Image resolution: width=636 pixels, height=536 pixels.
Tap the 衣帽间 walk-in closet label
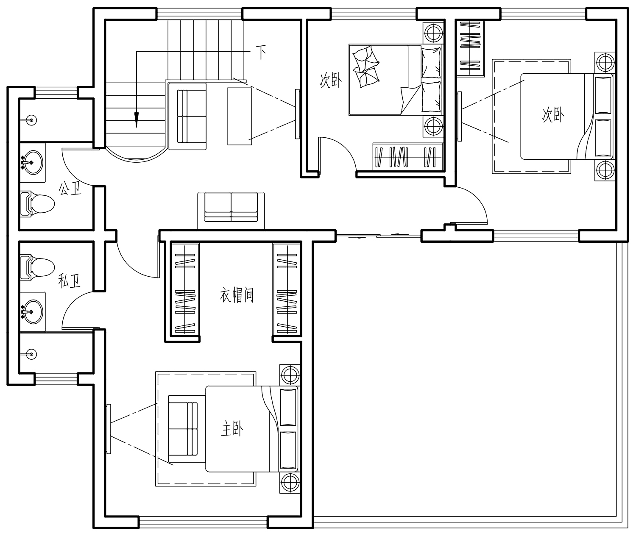[x=237, y=295]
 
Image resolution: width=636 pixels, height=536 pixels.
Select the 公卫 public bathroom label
[x=70, y=188]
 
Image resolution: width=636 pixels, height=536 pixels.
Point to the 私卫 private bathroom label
[x=70, y=280]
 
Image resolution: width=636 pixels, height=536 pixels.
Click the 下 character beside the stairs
[x=261, y=52]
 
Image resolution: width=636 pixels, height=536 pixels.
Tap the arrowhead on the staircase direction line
[x=137, y=120]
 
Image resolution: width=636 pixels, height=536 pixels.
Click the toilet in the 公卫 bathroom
[x=37, y=204]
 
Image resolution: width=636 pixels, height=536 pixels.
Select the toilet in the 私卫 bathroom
[x=37, y=267]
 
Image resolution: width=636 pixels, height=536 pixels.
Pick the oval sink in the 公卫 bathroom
[x=33, y=162]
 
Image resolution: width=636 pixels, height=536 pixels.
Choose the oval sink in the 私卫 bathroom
[x=33, y=311]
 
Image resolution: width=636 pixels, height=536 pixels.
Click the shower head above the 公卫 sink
[x=31, y=120]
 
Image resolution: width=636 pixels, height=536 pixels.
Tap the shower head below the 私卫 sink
[x=31, y=354]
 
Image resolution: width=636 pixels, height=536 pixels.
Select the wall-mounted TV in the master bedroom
[x=109, y=428]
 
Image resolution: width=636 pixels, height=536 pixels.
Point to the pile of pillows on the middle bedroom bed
[x=366, y=67]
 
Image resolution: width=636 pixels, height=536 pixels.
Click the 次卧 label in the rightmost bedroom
[x=553, y=115]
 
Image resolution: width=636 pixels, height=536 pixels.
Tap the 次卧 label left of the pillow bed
[x=330, y=81]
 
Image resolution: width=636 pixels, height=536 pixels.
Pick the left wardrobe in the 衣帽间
[x=185, y=289]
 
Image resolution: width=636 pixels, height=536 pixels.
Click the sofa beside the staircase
[x=188, y=116]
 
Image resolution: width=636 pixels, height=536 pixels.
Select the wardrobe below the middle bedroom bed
[x=407, y=157]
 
